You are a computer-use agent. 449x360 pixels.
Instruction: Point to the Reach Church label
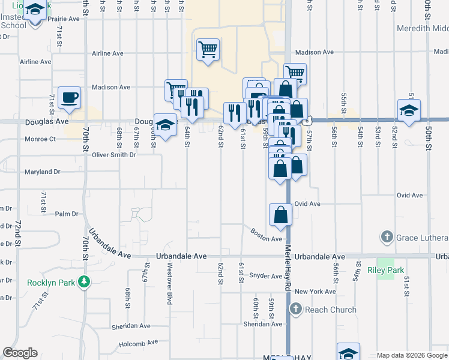tap(331, 310)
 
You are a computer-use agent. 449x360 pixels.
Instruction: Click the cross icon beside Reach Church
tap(295, 310)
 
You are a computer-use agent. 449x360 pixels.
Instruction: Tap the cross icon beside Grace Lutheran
tap(388, 237)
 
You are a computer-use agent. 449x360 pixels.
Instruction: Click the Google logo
tap(20, 353)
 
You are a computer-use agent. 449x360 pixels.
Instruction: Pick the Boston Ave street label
tap(266, 234)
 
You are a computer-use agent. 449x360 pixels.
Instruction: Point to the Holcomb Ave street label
tap(137, 343)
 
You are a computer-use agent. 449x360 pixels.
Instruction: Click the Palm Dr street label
tap(67, 214)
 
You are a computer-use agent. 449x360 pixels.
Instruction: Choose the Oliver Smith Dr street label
tap(114, 155)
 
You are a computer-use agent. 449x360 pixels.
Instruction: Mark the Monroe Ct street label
tap(40, 139)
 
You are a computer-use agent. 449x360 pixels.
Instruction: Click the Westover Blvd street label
tap(170, 283)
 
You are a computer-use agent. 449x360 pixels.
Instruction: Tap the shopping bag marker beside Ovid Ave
tap(280, 215)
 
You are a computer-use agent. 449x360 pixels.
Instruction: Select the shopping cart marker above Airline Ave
tap(208, 50)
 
